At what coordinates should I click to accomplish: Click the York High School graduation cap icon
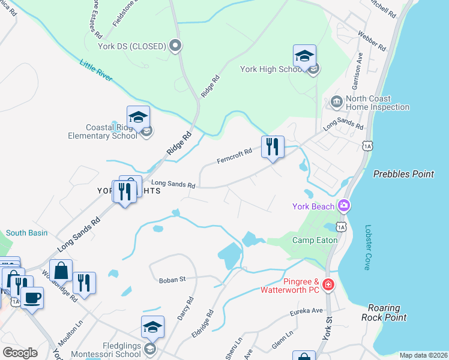[x=304, y=56]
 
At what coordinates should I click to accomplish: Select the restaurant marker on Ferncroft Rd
[x=273, y=146]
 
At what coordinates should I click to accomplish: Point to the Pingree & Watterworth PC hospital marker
[x=328, y=284]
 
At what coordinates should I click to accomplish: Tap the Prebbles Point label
[x=403, y=174]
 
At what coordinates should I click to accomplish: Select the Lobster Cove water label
[x=367, y=248]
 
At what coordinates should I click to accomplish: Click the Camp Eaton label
[x=315, y=240]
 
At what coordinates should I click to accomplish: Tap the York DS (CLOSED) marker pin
[x=175, y=46]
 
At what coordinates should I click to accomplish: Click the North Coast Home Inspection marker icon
[x=336, y=103]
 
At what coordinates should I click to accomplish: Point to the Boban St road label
[x=173, y=280]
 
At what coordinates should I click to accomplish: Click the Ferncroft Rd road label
[x=234, y=158]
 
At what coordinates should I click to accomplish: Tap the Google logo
[x=20, y=353]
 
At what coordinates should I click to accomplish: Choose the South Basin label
[x=26, y=233]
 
